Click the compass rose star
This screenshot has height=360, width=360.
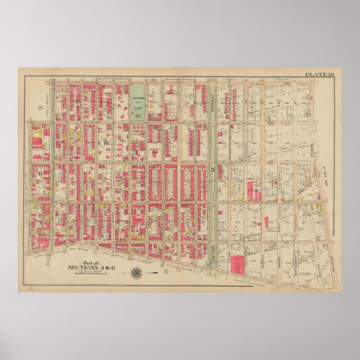(137, 272)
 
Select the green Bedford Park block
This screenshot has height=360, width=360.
(139, 102)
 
